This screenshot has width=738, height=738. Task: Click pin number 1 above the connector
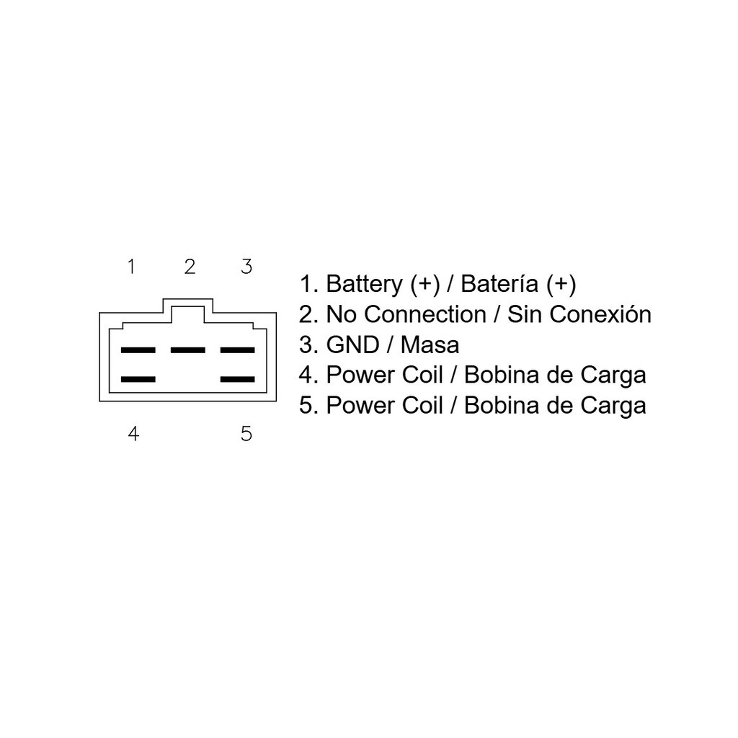131,267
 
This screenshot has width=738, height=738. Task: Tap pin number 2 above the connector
190,267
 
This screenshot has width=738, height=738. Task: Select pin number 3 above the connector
246,267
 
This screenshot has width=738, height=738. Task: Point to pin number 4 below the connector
133,433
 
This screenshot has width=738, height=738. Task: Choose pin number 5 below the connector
246,433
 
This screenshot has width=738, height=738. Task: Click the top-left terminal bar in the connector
138,350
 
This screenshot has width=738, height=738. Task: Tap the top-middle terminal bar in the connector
188,350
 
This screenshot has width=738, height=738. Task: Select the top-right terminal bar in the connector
238,350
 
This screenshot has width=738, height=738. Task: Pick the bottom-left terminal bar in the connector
138,379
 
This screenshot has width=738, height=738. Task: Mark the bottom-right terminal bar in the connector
238,379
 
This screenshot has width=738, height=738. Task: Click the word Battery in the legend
364,284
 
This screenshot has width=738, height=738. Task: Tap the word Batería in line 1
499,284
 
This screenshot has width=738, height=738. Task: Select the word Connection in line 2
425,314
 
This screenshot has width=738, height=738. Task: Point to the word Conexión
600,314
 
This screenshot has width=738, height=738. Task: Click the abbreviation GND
353,345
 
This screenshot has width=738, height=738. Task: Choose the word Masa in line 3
430,345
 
